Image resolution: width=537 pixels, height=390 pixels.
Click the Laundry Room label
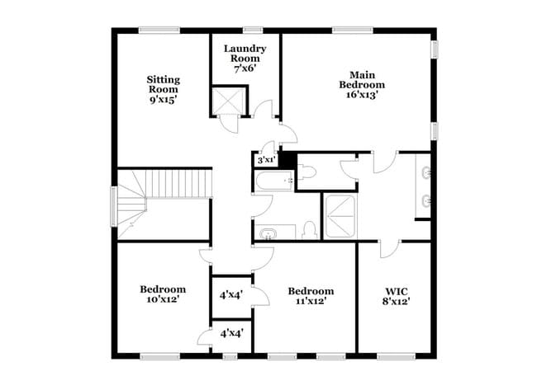coord(245,54)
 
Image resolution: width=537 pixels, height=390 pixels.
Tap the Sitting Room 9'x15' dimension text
coord(164,99)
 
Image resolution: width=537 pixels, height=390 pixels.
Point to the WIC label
coord(397,291)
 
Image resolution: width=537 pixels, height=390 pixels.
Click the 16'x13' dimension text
coord(362,95)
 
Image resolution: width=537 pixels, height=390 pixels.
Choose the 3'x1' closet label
coord(266,160)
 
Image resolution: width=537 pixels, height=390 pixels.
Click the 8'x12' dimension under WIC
coord(397,302)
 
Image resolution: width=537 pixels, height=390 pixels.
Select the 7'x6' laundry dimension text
coord(245,69)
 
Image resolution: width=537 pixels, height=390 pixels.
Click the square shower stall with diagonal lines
coord(340,218)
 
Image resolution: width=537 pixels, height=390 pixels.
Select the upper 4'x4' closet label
coord(230,294)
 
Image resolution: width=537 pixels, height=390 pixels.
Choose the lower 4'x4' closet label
coord(230,334)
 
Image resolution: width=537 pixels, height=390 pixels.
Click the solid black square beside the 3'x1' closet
coord(287,159)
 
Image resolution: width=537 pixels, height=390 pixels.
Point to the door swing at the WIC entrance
coord(389,247)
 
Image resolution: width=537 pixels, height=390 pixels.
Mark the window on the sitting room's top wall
coord(159,31)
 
